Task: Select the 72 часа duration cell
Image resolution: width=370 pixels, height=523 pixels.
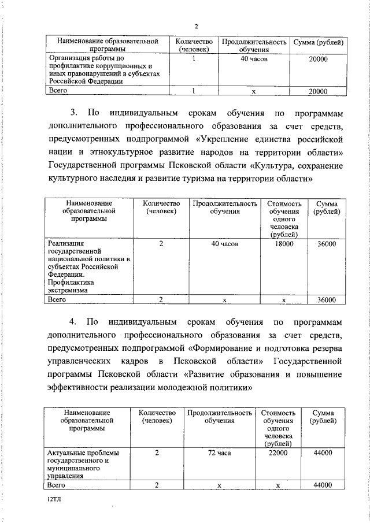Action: point(219,454)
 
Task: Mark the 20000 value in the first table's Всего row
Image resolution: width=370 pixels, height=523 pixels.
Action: point(318,91)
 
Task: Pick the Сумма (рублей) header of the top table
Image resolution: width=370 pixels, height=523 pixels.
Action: point(319,42)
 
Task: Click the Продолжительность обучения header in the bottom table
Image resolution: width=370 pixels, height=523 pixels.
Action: point(219,417)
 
